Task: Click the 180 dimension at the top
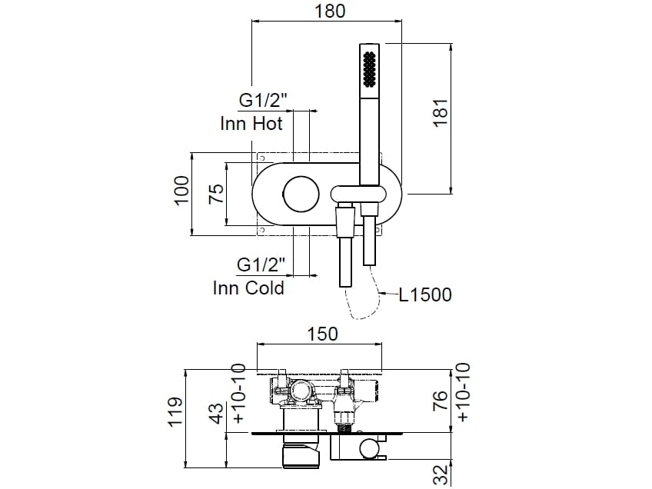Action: coord(330,11)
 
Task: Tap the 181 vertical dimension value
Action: coord(441,113)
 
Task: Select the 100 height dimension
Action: coord(181,191)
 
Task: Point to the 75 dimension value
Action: coord(216,191)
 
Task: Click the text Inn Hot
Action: coord(251,123)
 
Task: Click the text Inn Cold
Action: coord(248,288)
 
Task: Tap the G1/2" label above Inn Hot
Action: coord(263,101)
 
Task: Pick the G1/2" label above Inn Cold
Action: coord(261,265)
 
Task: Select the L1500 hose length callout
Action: coord(425,294)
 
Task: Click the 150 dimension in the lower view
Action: coord(323,334)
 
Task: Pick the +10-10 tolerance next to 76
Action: coord(463,392)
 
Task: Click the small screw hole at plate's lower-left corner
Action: coord(261,229)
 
